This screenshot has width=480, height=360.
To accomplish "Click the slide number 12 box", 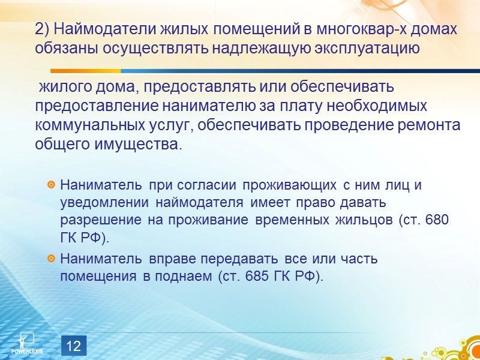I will pos(74,346).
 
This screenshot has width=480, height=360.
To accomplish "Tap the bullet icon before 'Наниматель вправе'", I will pos(52,259).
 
